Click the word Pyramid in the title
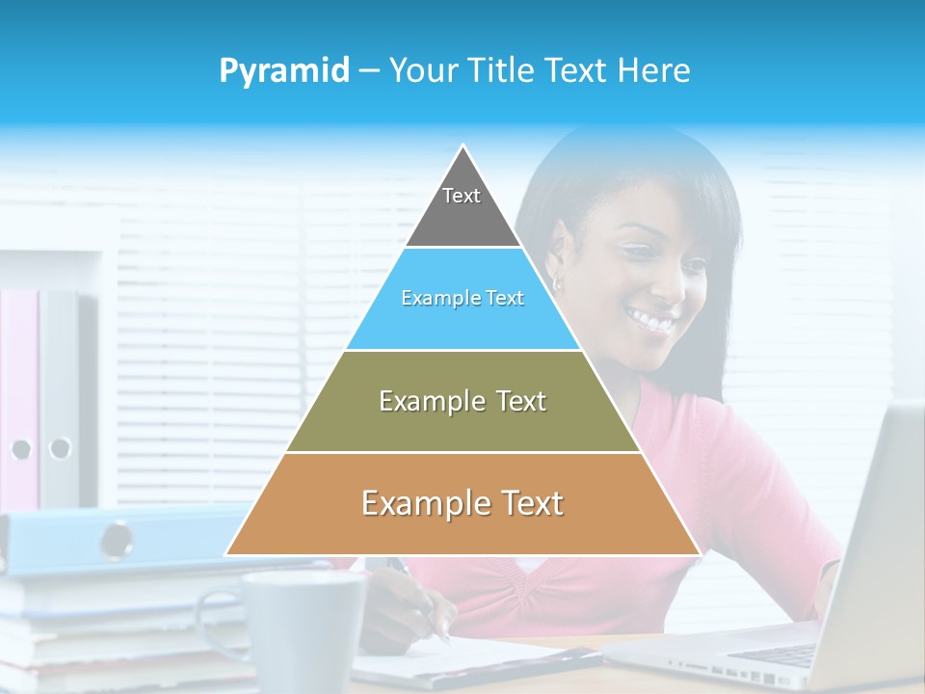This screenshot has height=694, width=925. [283, 71]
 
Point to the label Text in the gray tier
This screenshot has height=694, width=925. [462, 196]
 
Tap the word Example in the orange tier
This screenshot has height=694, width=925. [421, 503]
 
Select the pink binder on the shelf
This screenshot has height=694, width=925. [19, 395]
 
